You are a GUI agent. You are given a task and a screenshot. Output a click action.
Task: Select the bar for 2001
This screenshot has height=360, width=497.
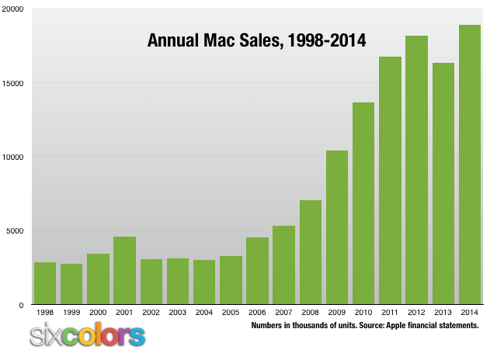[124, 271]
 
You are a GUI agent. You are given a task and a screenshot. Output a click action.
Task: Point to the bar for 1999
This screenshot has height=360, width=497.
[71, 284]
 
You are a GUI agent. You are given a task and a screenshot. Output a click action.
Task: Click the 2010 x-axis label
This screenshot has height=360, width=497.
[363, 312]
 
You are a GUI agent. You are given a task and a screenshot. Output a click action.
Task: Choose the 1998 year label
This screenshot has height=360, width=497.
[45, 312]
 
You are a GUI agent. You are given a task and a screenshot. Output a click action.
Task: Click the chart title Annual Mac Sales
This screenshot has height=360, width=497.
[256, 40]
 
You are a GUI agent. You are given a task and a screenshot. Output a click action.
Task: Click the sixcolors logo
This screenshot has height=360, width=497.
[87, 335]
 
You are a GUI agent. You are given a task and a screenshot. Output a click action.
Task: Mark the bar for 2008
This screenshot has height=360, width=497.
[311, 253]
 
